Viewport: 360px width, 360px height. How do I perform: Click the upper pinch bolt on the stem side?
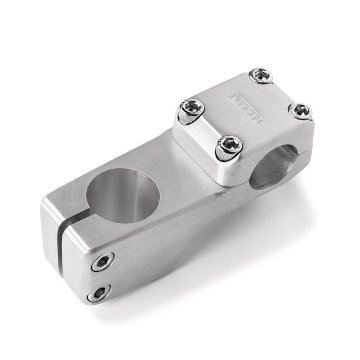(x=104, y=263)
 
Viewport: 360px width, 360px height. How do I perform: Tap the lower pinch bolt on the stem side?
(x=98, y=293)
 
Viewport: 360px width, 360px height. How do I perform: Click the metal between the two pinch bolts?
(x=101, y=278)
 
